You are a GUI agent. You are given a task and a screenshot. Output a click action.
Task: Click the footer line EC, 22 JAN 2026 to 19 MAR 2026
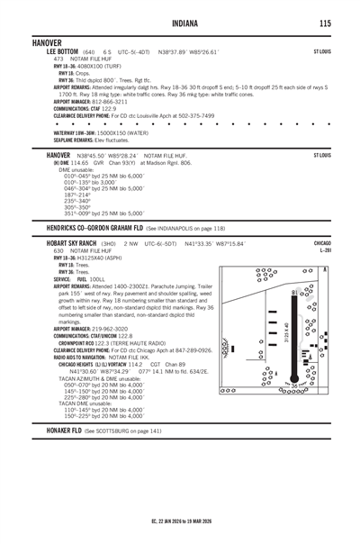coord(180,521)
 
